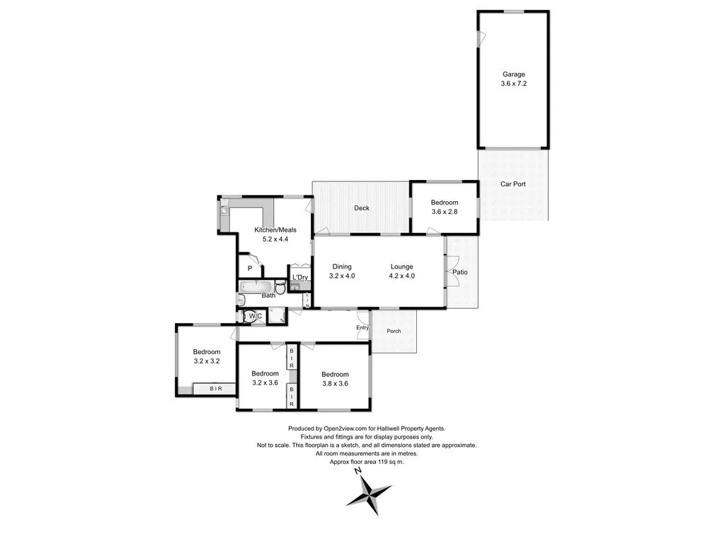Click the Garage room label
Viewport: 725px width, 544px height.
pyautogui.click(x=513, y=74)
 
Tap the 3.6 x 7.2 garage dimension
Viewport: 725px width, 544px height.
pyautogui.click(x=513, y=84)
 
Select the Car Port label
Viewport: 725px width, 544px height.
pyautogui.click(x=513, y=184)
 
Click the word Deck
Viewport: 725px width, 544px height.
pyautogui.click(x=362, y=208)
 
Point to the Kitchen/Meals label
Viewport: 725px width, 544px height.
pyautogui.click(x=275, y=229)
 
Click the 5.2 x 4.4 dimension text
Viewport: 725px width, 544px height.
pyautogui.click(x=275, y=239)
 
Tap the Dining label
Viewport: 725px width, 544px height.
pyautogui.click(x=341, y=267)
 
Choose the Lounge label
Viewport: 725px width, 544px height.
pyautogui.click(x=401, y=267)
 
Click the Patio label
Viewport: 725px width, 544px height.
pyautogui.click(x=459, y=273)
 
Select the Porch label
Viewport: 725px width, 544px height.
pyautogui.click(x=394, y=331)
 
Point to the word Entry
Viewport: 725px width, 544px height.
pyautogui.click(x=362, y=328)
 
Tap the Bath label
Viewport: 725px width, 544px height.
pyautogui.click(x=268, y=295)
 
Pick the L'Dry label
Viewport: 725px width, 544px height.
pyautogui.click(x=299, y=277)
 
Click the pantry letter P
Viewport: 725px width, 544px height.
pyautogui.click(x=249, y=268)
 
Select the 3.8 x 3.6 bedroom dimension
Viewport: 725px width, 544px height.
pyautogui.click(x=335, y=384)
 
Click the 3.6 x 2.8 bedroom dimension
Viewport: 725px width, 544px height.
pyautogui.click(x=445, y=212)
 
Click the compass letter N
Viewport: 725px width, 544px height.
pyautogui.click(x=359, y=470)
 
